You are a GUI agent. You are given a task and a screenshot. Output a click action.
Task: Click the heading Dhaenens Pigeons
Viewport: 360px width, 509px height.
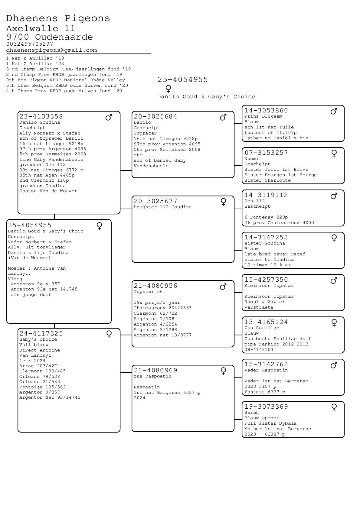click(x=58, y=18)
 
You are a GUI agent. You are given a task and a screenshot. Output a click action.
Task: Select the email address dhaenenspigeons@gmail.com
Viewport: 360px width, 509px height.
click(x=51, y=50)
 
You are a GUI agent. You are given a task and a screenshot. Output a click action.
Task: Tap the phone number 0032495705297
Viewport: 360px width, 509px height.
click(x=30, y=44)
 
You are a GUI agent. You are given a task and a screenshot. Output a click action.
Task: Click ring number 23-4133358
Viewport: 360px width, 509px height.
click(x=41, y=116)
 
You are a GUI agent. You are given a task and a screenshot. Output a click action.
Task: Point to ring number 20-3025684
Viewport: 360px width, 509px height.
click(x=155, y=116)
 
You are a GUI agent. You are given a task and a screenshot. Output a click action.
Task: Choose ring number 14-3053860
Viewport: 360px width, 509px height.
click(x=266, y=110)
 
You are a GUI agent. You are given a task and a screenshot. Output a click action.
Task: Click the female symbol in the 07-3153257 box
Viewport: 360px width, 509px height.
click(x=334, y=154)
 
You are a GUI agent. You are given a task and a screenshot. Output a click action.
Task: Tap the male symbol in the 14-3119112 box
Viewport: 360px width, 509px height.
click(x=334, y=196)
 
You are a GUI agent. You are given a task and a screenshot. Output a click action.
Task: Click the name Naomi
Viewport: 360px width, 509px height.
click(x=251, y=159)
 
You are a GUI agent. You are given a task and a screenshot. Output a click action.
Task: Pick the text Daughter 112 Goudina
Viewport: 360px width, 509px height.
click(x=162, y=207)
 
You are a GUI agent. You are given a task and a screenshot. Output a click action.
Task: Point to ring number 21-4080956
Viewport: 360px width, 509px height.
click(x=155, y=286)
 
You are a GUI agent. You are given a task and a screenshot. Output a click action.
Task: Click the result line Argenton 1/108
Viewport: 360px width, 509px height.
click(x=154, y=319)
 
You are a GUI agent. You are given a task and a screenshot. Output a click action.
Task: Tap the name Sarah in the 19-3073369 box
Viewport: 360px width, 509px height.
click(x=251, y=413)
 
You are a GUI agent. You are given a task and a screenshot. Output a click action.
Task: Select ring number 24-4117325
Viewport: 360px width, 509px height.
click(x=41, y=333)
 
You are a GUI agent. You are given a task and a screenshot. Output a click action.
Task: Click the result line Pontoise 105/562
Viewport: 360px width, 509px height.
click(x=42, y=387)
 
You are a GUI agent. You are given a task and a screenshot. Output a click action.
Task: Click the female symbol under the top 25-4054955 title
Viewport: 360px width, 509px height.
click(x=168, y=89)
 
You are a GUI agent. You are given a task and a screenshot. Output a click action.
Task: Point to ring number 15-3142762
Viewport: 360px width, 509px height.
click(x=266, y=364)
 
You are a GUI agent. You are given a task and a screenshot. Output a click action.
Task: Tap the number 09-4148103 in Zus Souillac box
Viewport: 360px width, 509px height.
click(x=259, y=350)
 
